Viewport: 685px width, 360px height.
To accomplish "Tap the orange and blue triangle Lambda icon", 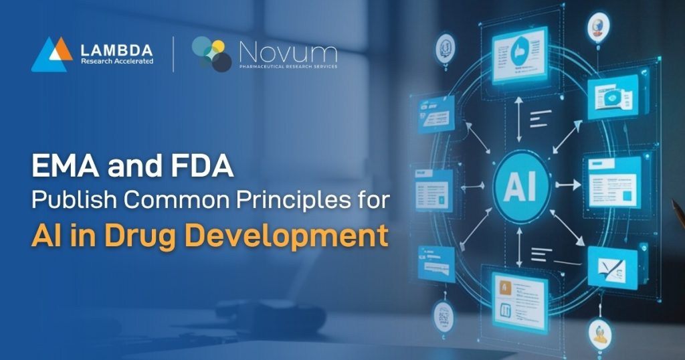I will pyautogui.click(x=52, y=54).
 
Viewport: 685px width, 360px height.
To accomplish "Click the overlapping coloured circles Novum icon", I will pyautogui.click(x=211, y=54).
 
